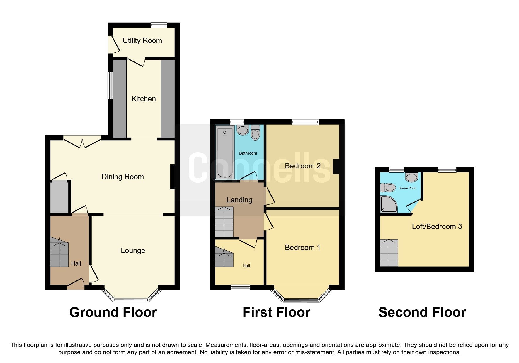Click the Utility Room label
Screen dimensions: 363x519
pos(142,41)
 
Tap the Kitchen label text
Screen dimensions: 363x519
pos(143,99)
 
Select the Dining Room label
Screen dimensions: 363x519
pos(122,177)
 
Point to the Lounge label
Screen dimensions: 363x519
pos(133,251)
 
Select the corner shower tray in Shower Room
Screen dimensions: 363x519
pos(388,204)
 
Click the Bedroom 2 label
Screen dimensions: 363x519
pos(302,166)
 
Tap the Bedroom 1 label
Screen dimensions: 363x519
pos(302,248)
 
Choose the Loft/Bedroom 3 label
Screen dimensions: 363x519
pos(437,226)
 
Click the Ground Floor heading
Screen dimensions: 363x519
pos(113,312)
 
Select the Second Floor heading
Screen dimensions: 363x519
pos(422,312)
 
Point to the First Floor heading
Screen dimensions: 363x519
pos(276,312)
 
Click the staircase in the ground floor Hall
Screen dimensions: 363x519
pos(59,252)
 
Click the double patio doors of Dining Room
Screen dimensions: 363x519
pos(82,141)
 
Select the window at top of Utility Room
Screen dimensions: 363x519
pos(159,25)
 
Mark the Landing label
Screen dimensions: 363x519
pos(239,200)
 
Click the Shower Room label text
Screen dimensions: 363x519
pos(407,188)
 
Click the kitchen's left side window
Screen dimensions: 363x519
pos(110,85)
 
